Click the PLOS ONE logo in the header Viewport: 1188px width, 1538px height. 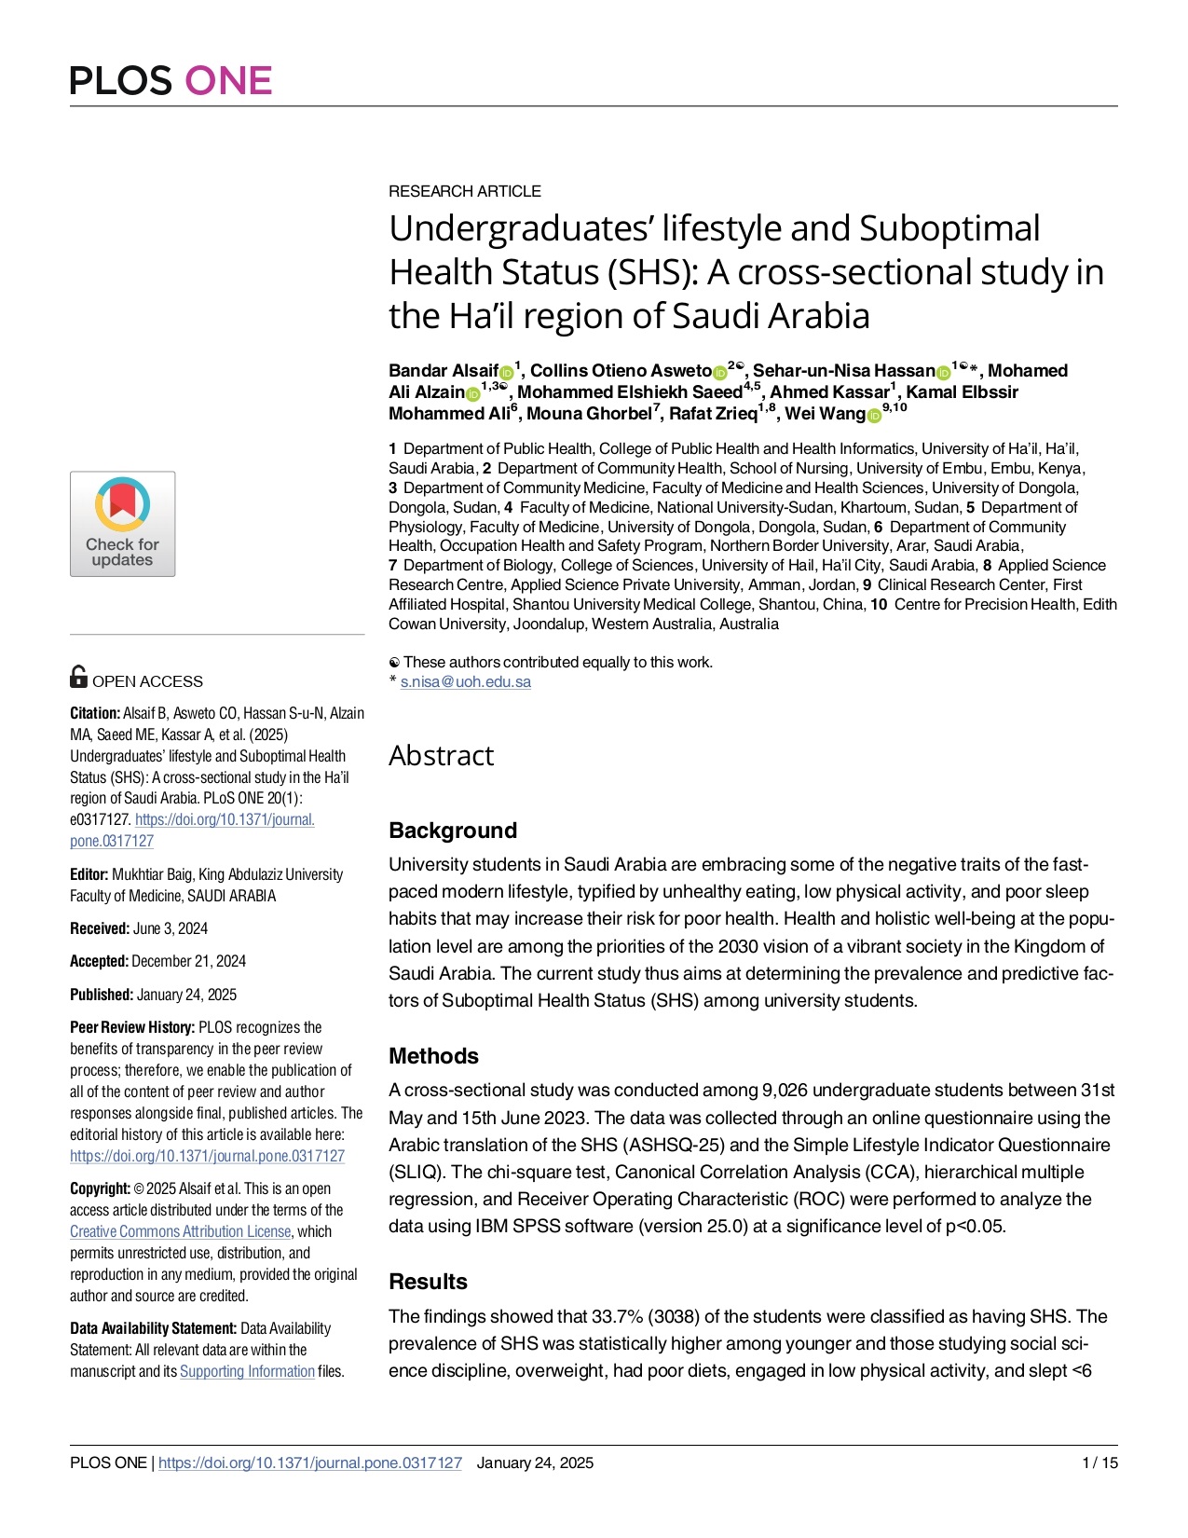pyautogui.click(x=171, y=81)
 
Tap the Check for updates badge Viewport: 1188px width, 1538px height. pyautogui.click(x=122, y=524)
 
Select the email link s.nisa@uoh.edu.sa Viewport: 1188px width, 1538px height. pyautogui.click(x=465, y=681)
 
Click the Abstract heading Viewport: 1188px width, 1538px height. pyautogui.click(x=441, y=756)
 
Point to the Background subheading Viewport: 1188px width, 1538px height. pyautogui.click(x=452, y=831)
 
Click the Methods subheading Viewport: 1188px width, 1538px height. pyautogui.click(x=433, y=1056)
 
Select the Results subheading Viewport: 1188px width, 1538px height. pyautogui.click(x=428, y=1282)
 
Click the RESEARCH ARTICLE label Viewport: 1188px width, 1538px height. pyautogui.click(x=464, y=191)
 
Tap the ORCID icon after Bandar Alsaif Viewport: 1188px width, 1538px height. pyautogui.click(x=507, y=373)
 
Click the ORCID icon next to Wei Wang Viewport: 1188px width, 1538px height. pyautogui.click(x=874, y=416)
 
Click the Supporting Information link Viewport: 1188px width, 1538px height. pyautogui.click(x=247, y=1371)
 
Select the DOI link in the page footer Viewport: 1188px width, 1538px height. pyautogui.click(x=309, y=1462)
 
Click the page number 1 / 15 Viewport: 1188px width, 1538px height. pyautogui.click(x=1099, y=1462)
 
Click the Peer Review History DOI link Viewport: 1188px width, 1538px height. pyautogui.click(x=207, y=1156)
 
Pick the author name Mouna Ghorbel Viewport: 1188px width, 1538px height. pyautogui.click(x=590, y=414)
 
